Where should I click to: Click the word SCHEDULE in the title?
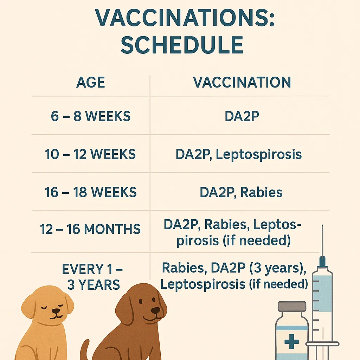click(182, 45)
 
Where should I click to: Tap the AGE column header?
click(91, 83)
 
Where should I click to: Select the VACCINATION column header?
click(242, 82)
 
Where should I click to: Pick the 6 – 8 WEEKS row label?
click(91, 116)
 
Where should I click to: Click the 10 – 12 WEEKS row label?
click(91, 154)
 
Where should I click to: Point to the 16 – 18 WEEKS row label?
click(91, 192)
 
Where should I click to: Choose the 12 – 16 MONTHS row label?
click(90, 230)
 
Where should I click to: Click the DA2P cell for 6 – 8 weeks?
click(242, 116)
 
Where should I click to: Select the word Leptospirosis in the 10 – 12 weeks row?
click(259, 155)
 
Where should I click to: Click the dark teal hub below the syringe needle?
click(322, 262)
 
